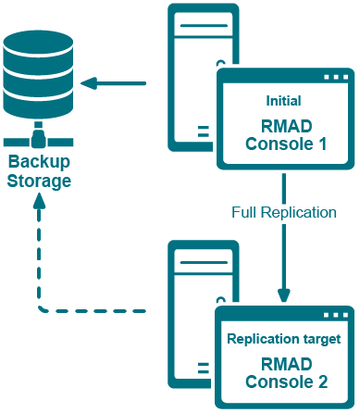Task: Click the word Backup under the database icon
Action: pos(38,161)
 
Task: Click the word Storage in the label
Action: pos(38,180)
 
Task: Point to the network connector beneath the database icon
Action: pos(38,140)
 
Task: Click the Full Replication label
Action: pos(283,212)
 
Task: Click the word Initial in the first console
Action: pos(283,100)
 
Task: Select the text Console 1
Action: pos(283,144)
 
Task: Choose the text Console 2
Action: pos(283,381)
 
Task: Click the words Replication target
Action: pos(283,338)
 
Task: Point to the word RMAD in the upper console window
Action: pos(283,124)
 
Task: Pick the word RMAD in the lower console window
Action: pos(283,362)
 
